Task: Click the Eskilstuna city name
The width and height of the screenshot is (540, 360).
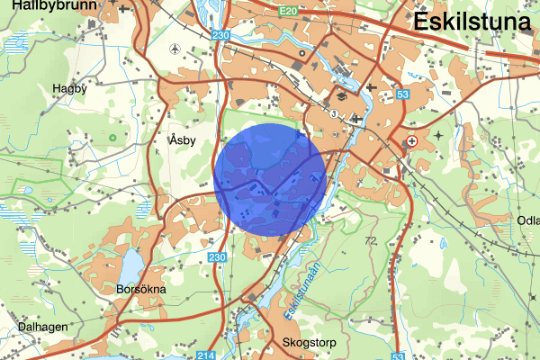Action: click(x=474, y=22)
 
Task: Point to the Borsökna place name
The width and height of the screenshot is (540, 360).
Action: click(x=141, y=291)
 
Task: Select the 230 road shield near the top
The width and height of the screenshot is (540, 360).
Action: click(x=222, y=35)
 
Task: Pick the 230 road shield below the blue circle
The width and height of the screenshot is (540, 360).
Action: click(x=216, y=258)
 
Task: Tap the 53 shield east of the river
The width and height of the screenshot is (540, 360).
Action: click(x=402, y=94)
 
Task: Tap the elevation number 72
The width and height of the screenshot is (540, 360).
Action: click(x=371, y=241)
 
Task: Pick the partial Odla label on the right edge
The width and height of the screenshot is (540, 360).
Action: click(x=527, y=220)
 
